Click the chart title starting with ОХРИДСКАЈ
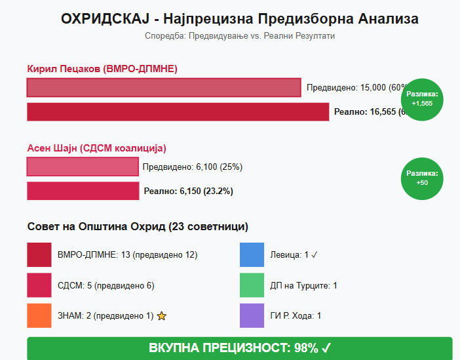(x=239, y=19)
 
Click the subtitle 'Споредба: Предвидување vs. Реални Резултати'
(x=239, y=35)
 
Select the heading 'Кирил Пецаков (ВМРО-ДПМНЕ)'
(x=102, y=69)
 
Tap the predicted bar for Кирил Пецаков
(x=164, y=88)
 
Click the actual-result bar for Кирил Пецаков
(x=178, y=112)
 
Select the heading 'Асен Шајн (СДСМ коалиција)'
(x=97, y=148)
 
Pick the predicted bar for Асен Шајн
(x=83, y=167)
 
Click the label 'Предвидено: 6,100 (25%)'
(x=193, y=167)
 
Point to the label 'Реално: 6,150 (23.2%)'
(x=188, y=191)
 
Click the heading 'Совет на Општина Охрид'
(x=138, y=227)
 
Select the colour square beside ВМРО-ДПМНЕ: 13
(x=39, y=254)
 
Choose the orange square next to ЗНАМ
(x=39, y=315)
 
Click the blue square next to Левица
(x=252, y=254)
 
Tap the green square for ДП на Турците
(x=252, y=285)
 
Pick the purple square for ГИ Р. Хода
(x=252, y=315)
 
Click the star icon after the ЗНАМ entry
(x=162, y=316)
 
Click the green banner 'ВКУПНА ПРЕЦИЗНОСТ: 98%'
(x=239, y=348)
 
